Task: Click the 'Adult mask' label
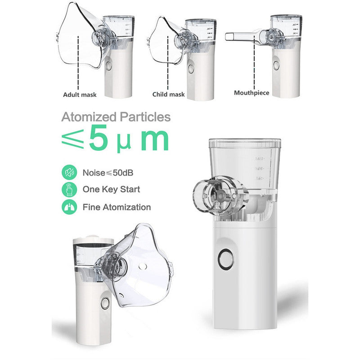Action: pyautogui.click(x=79, y=95)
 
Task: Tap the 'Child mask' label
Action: pyautogui.click(x=169, y=94)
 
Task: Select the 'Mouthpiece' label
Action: pyautogui.click(x=252, y=93)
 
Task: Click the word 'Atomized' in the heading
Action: pyautogui.click(x=89, y=117)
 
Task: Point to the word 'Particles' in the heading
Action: pyautogui.click(x=144, y=117)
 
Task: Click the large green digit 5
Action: pyautogui.click(x=98, y=139)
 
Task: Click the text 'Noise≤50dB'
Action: pyautogui.click(x=108, y=173)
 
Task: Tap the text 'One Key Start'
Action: pyautogui.click(x=111, y=189)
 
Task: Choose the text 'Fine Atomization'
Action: pyautogui.click(x=117, y=207)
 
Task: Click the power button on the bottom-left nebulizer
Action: pyautogui.click(x=105, y=304)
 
